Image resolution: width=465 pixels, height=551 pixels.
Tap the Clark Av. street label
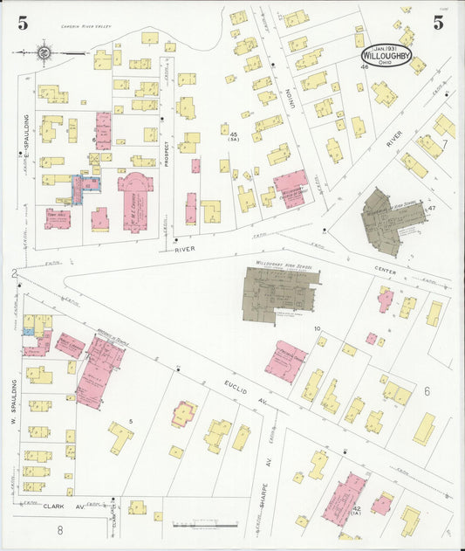pos(54,506)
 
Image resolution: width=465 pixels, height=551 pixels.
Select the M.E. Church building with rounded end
pos(135,202)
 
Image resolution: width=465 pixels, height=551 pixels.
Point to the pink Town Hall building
pos(58,217)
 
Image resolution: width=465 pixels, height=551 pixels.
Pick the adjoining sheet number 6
pos(427,392)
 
